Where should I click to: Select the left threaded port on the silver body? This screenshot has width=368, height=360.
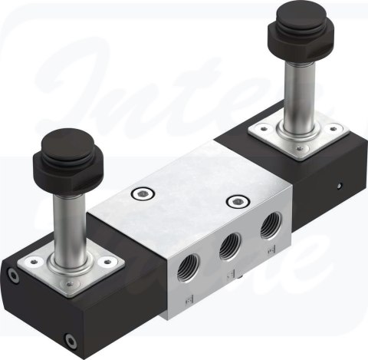tap(184, 266)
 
